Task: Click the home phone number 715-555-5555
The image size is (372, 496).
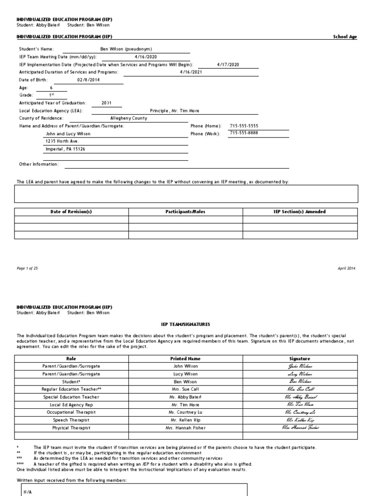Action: pyautogui.click(x=245, y=126)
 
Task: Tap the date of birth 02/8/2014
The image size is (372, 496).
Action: pyautogui.click(x=88, y=80)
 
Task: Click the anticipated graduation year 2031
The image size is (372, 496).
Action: pyautogui.click(x=107, y=103)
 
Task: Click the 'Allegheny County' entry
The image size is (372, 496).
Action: pyautogui.click(x=129, y=118)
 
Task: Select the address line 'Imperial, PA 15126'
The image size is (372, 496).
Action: pyautogui.click(x=65, y=149)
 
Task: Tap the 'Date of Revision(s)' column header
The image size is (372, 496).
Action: pyautogui.click(x=71, y=212)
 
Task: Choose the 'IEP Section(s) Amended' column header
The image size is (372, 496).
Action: pyautogui.click(x=300, y=212)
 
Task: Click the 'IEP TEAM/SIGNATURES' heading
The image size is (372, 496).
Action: pyautogui.click(x=186, y=324)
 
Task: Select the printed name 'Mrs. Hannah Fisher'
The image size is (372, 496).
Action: pyautogui.click(x=186, y=428)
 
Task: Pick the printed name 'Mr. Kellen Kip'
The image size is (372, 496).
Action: pyautogui.click(x=186, y=420)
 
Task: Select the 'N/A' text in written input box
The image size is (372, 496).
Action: pyautogui.click(x=28, y=492)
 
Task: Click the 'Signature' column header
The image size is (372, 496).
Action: pyautogui.click(x=299, y=359)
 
